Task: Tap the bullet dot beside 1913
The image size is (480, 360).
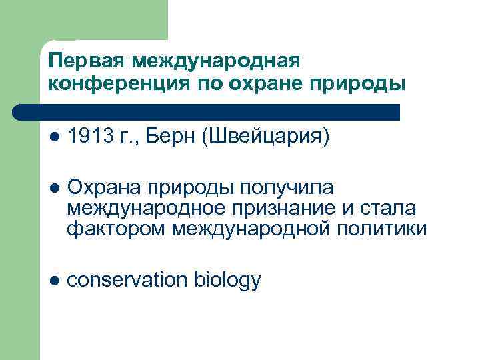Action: tap(54, 137)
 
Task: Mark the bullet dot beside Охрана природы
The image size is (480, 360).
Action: tap(54, 189)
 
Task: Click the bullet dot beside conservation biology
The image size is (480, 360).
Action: tap(54, 281)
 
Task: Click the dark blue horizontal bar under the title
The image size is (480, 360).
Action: tap(207, 111)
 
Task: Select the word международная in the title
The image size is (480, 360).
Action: tap(217, 61)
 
